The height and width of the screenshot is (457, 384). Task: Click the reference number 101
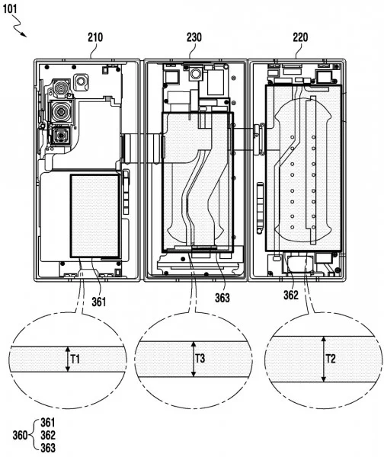[x=16, y=10]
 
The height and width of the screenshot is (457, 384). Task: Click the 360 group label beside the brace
[x=22, y=436]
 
